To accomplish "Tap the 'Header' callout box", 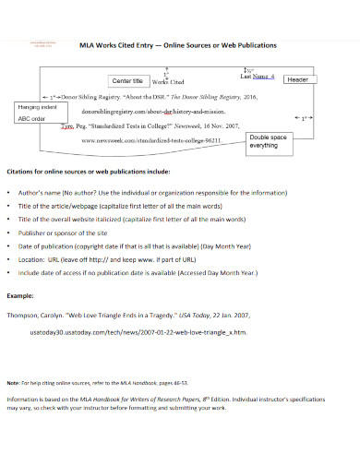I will [x=297, y=80].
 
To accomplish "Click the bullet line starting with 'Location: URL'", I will [x=115, y=260].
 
